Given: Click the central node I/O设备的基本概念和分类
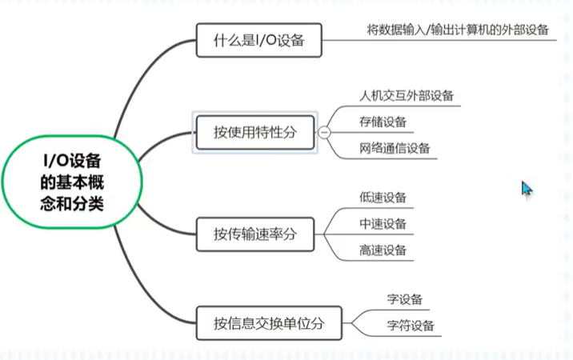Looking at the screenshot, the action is (x=72, y=181).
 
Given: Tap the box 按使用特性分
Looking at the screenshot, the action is (x=255, y=132).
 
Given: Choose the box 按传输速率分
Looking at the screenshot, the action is (x=255, y=234).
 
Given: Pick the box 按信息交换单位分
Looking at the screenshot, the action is (x=269, y=323).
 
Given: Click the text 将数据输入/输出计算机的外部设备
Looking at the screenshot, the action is (x=458, y=30).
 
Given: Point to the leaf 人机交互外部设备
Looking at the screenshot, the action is (x=407, y=95).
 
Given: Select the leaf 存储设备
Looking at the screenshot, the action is (x=383, y=122).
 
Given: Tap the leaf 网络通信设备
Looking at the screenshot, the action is (x=395, y=148).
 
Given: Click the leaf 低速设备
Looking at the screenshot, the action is (x=383, y=197).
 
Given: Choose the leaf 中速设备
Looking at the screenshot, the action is (x=383, y=223).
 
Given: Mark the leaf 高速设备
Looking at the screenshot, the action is (x=383, y=250).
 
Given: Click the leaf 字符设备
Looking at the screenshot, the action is (x=410, y=326).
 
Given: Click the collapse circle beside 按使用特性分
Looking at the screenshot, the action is (x=325, y=133).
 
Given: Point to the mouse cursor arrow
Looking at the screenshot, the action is (x=526, y=188).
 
